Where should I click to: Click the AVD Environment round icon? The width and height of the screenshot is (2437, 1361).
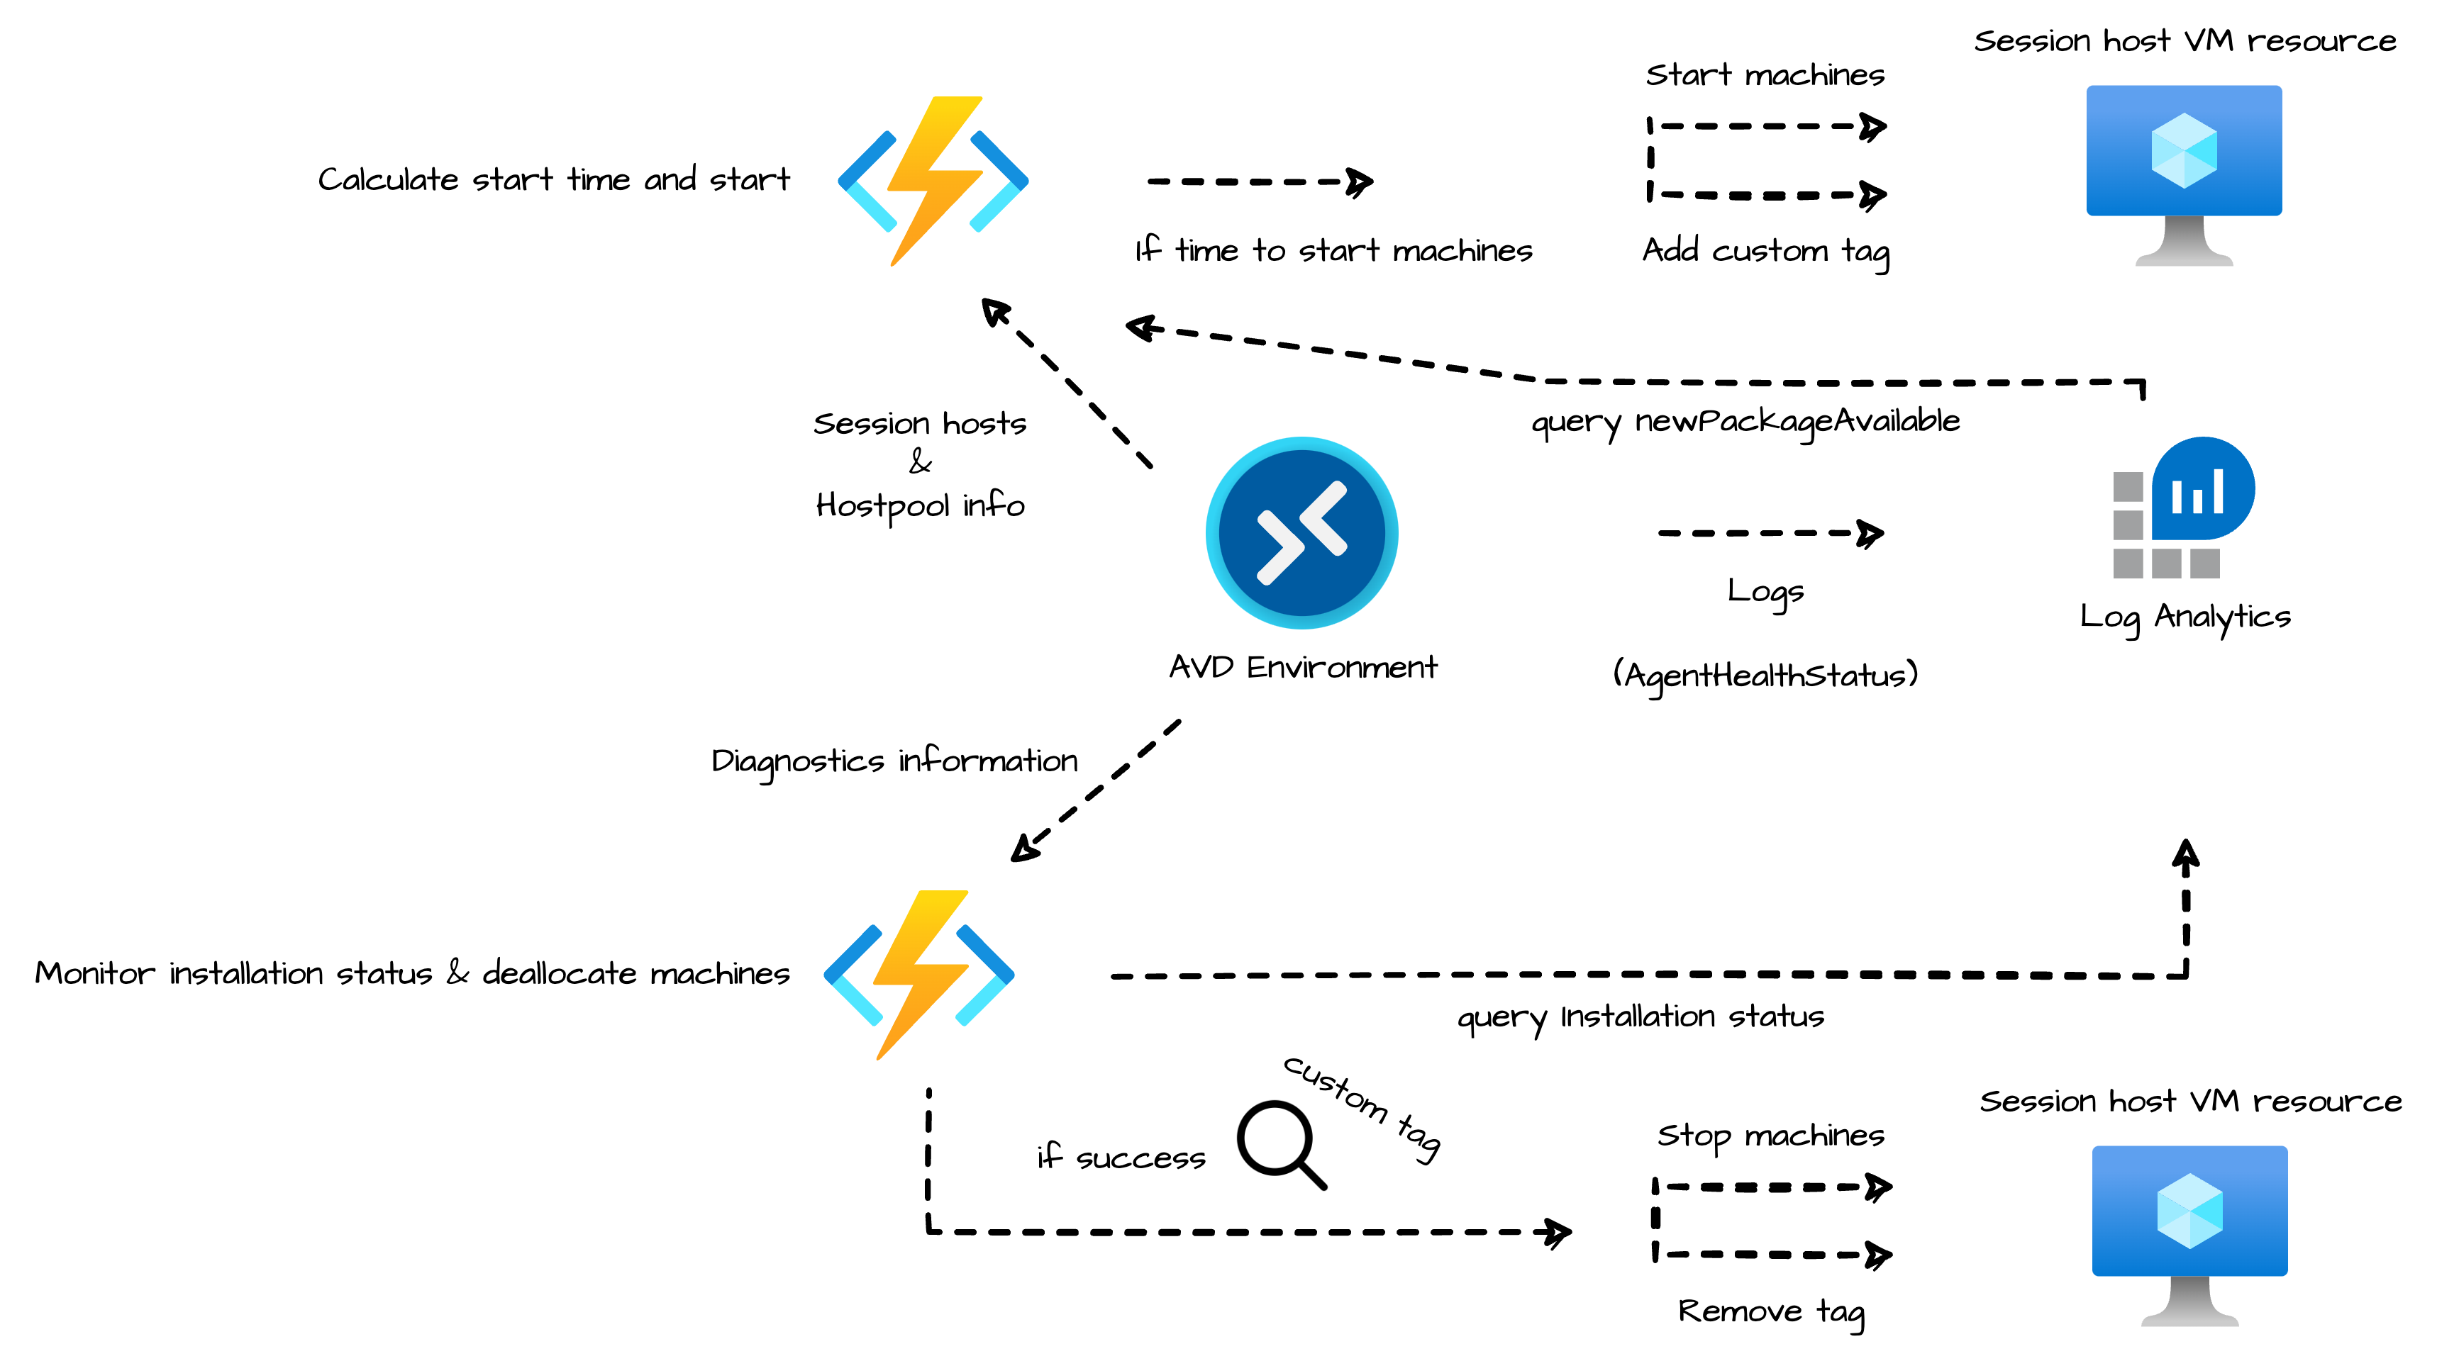click(1301, 532)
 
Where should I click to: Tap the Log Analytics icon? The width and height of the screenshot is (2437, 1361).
click(2182, 508)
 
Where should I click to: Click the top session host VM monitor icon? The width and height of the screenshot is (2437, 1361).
click(2184, 174)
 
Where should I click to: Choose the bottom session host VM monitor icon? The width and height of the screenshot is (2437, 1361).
click(2189, 1234)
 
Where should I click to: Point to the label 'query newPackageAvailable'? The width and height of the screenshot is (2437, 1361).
click(1745, 422)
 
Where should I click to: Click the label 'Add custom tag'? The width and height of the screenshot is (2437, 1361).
click(1765, 251)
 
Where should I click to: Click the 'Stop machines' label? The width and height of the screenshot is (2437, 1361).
click(1770, 1135)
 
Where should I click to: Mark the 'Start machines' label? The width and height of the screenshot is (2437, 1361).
click(1765, 74)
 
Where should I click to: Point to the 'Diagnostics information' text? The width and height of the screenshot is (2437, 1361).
click(894, 761)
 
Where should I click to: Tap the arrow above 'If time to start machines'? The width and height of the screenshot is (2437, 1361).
click(1258, 181)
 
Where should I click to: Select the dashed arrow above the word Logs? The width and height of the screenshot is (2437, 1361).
click(1769, 534)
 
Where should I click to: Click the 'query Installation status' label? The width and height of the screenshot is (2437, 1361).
click(1640, 1016)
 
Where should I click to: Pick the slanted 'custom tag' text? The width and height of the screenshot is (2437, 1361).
click(1362, 1107)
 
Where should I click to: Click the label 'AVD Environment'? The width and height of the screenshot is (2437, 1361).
click(1303, 668)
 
